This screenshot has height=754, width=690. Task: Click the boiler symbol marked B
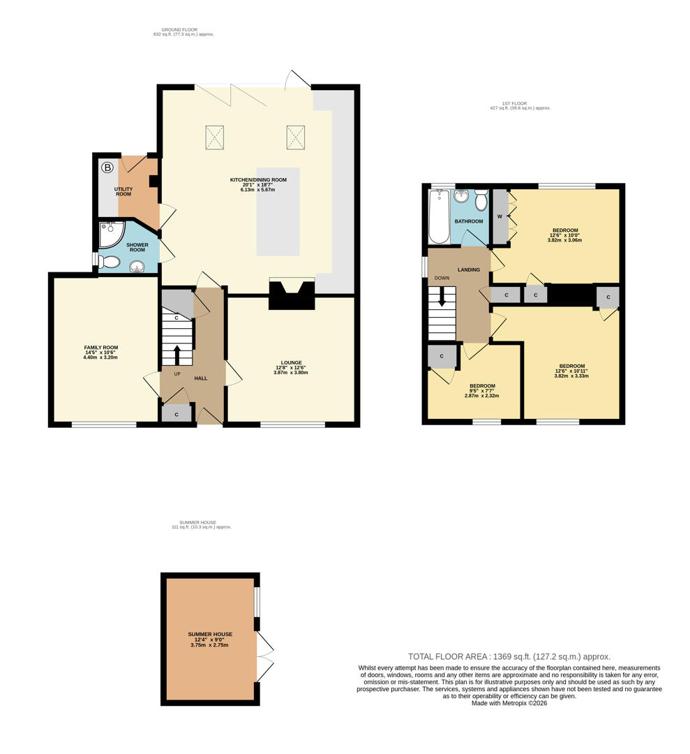tap(107, 168)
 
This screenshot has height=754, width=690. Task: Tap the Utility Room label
tap(123, 191)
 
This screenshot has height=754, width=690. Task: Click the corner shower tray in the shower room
tap(112, 235)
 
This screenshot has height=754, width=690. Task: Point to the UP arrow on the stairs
tap(177, 355)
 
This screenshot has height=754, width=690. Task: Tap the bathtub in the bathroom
tap(439, 216)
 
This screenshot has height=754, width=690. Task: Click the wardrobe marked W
tap(500, 216)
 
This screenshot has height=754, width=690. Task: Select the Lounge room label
tap(291, 367)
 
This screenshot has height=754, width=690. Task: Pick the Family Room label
tap(101, 353)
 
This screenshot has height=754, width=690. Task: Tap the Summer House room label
tap(210, 640)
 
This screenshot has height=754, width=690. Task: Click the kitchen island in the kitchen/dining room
tap(278, 212)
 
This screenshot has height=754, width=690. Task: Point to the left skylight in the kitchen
tap(215, 137)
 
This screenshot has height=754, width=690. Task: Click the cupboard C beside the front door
tap(177, 414)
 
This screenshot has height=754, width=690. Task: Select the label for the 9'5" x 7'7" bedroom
tap(482, 390)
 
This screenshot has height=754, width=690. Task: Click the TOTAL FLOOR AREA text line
tap(509, 656)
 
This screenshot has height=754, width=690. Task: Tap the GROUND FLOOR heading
tap(179, 30)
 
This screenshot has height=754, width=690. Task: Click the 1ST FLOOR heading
tap(514, 103)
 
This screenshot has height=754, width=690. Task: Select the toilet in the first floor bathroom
tap(481, 200)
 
